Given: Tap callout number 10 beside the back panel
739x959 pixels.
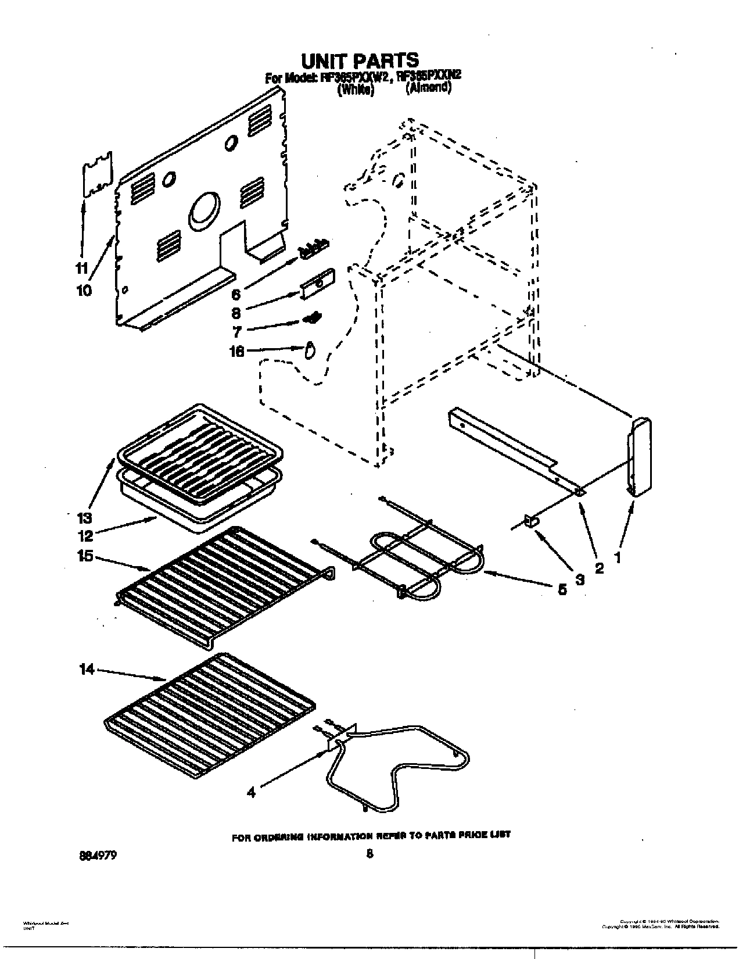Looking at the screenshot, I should (84, 290).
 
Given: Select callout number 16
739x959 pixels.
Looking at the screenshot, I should (238, 350).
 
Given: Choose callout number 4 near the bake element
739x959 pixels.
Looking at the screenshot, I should (251, 792).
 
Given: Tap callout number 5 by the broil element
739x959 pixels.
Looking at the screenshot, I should (561, 589).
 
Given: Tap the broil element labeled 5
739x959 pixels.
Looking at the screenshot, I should (418, 558).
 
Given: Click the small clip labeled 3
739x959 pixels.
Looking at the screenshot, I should (530, 521).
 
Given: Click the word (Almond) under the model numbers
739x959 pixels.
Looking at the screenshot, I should (428, 88).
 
